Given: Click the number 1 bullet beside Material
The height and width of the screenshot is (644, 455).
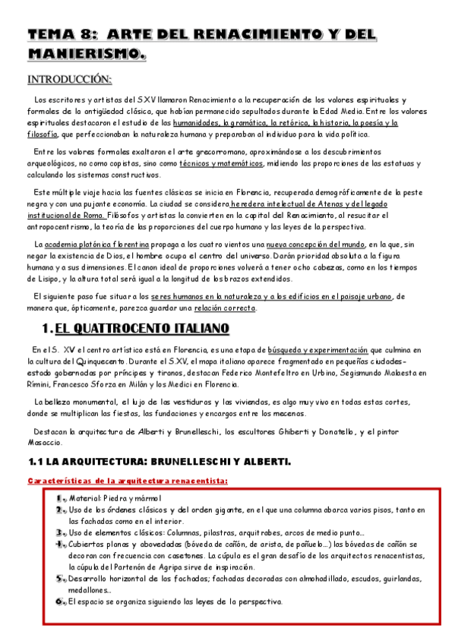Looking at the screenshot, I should [x=60, y=497].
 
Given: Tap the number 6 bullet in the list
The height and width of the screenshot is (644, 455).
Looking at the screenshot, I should [x=60, y=601].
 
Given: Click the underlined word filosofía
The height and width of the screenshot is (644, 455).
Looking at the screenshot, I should [x=43, y=134].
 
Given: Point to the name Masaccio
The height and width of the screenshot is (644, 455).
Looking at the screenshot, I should [x=47, y=442].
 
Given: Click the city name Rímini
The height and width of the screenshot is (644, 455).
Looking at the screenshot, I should [x=40, y=384].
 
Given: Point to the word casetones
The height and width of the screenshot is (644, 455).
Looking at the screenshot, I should [x=163, y=556].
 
